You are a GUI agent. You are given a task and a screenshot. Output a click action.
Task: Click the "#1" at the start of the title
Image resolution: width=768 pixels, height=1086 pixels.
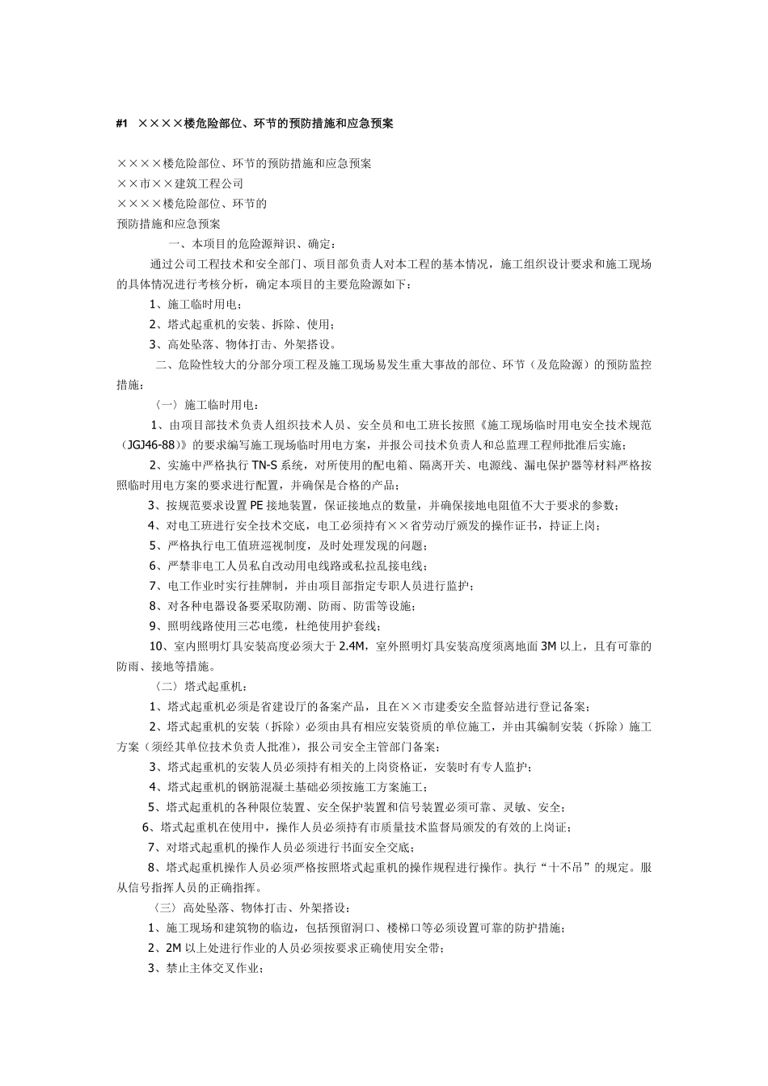coord(123,124)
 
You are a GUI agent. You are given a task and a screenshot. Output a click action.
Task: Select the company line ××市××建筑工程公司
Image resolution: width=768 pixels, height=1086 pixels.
coord(179,183)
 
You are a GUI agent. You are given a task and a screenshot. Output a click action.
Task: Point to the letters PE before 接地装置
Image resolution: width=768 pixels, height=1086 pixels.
coord(253,505)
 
